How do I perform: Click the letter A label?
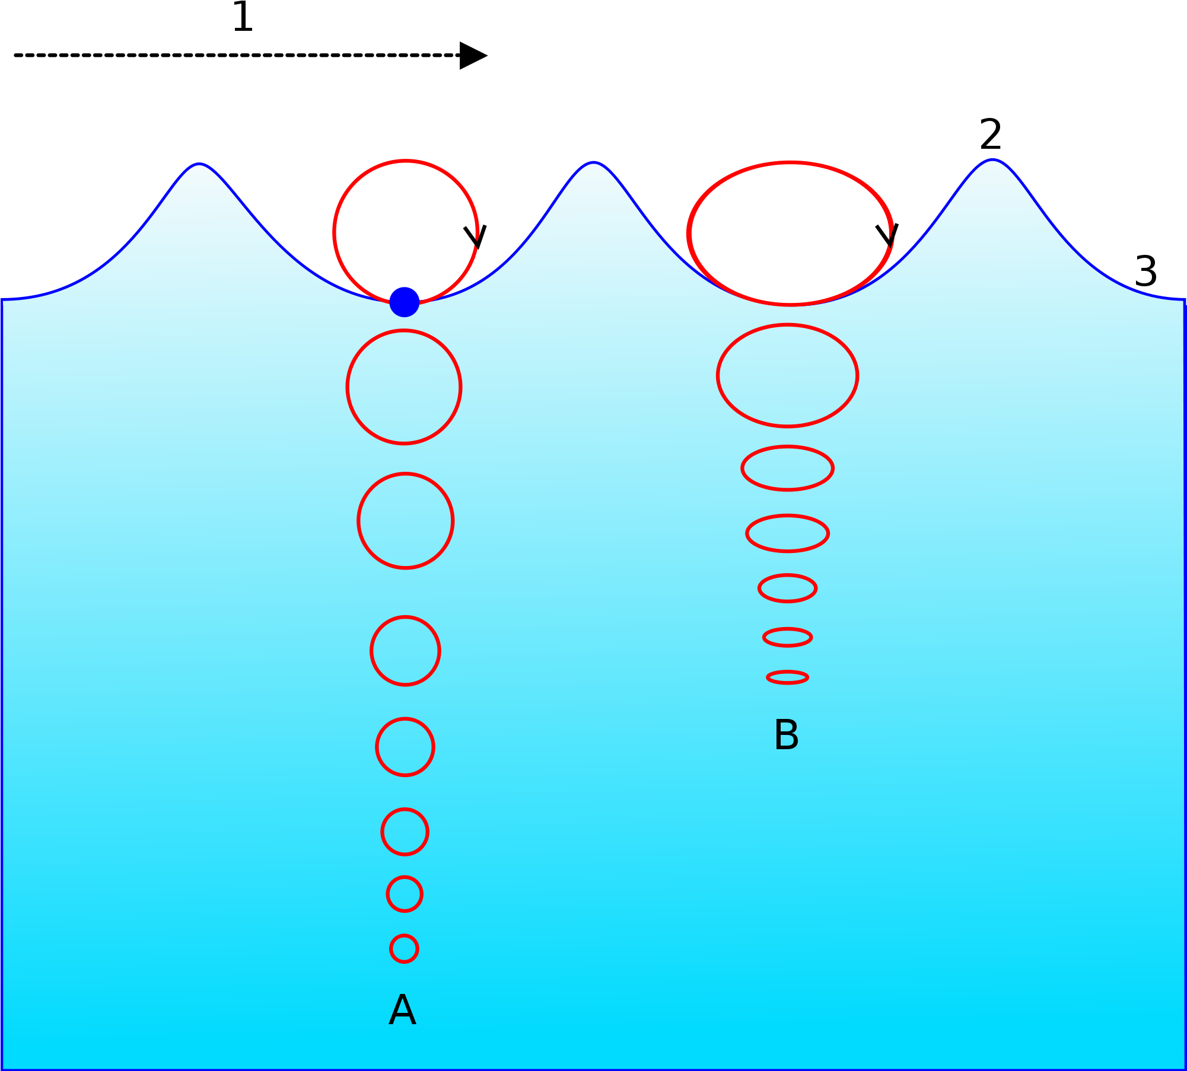402,1010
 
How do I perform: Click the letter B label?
787,735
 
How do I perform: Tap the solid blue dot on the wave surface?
405,302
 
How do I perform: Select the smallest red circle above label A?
404,949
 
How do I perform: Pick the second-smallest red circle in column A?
405,894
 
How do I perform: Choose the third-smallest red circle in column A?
405,832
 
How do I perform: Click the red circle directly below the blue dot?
404,387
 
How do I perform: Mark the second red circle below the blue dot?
406,521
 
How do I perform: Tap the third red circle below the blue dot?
405,651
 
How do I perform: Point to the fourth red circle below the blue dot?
405,747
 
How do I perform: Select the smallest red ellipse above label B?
788,677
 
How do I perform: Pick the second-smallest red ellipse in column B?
788,637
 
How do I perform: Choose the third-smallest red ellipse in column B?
788,589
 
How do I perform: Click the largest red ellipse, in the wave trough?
790,233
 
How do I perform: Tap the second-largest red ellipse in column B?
788,375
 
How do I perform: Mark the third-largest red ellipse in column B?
788,468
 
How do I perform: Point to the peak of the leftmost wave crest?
199,165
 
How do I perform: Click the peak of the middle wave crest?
593,163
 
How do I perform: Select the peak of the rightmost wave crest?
993,161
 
